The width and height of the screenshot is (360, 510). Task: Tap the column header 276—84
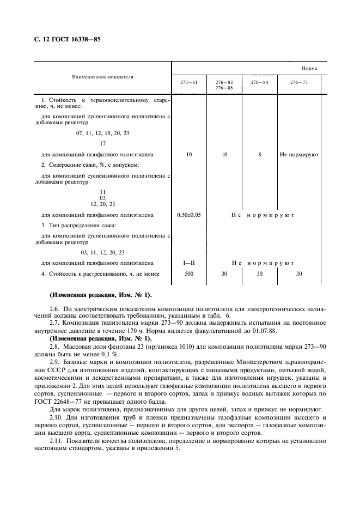(x=259, y=82)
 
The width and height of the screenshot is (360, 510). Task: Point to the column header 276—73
(x=298, y=82)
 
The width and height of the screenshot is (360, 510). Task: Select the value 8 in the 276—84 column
(x=260, y=155)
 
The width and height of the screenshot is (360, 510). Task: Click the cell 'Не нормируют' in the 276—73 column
(x=299, y=155)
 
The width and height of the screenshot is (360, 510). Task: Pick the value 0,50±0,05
(x=189, y=215)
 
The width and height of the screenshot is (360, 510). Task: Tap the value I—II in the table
(x=189, y=263)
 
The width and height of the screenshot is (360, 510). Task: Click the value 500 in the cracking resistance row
(x=189, y=274)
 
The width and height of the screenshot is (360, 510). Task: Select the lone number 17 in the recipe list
(x=103, y=144)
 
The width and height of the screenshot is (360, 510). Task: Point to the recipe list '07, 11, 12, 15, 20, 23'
(x=103, y=133)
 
